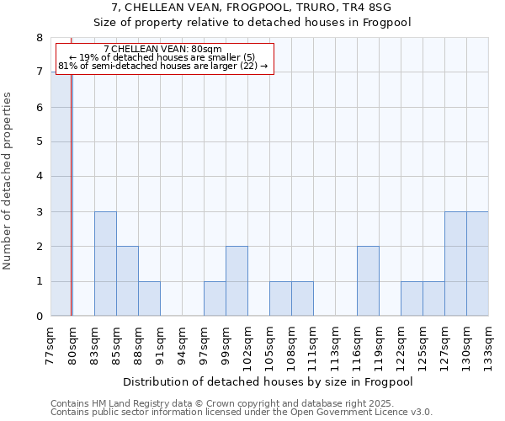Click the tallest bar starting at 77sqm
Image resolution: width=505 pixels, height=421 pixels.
pyautogui.click(x=61, y=194)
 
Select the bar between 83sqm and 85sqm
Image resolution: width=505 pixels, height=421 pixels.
pyautogui.click(x=105, y=264)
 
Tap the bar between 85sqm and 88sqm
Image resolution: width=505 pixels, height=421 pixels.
pyautogui.click(x=127, y=281)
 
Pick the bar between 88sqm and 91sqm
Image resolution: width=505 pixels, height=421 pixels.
pyautogui.click(x=149, y=299)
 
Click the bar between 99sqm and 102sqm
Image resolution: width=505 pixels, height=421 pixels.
pyautogui.click(x=237, y=281)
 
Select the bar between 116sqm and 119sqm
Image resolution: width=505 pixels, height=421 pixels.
pyautogui.click(x=368, y=281)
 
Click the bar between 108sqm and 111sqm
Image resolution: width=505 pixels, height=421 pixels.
pyautogui.click(x=302, y=299)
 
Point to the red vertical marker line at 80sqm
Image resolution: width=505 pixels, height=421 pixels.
pyautogui.click(x=72, y=194)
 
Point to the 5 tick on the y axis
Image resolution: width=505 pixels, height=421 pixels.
pyautogui.click(x=40, y=141)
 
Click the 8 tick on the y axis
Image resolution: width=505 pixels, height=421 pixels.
pyautogui.click(x=40, y=38)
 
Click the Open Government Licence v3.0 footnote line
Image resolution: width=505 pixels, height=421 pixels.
pyautogui.click(x=241, y=413)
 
